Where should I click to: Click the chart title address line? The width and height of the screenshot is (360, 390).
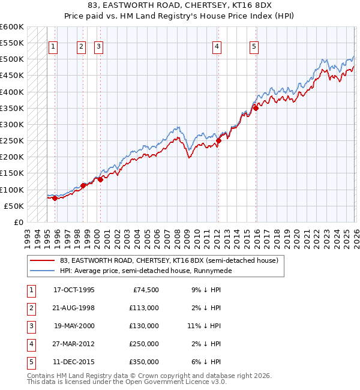[x=179, y=5]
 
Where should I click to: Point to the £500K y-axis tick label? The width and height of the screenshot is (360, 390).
[x=12, y=59]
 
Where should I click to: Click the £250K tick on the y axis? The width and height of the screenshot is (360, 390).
[x=12, y=141]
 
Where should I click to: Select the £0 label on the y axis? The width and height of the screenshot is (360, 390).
[x=19, y=222]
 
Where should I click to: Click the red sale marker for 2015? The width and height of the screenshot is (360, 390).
[x=255, y=108]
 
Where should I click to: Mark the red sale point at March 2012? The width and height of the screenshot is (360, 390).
[x=218, y=141]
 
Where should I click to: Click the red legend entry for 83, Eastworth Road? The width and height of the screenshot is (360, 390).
[x=169, y=261]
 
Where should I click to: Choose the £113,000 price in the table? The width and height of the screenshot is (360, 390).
[x=144, y=308]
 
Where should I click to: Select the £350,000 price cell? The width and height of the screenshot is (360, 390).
[x=144, y=362]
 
